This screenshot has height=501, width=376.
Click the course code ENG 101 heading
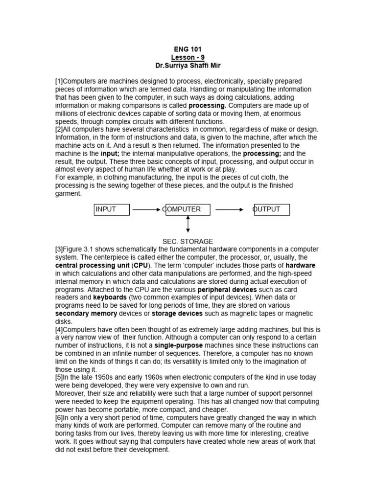coord(188,49)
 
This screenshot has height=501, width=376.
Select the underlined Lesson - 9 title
coord(188,57)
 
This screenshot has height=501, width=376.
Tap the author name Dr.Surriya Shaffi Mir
coord(188,65)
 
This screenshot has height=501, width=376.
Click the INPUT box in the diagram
coord(112,209)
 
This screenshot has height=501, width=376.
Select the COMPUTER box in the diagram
coord(188,209)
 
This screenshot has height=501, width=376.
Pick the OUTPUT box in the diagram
coord(271,209)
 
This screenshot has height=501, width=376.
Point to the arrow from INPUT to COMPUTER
coord(146,209)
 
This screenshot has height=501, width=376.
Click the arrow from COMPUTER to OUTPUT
coord(230,209)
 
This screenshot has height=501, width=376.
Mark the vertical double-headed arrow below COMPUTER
coord(188,224)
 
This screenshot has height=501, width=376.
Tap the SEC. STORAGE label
coord(188,241)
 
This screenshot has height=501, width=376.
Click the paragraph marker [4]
coord(59,330)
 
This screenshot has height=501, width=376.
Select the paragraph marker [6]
coord(59,418)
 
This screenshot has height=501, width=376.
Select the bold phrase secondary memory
coord(86,314)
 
